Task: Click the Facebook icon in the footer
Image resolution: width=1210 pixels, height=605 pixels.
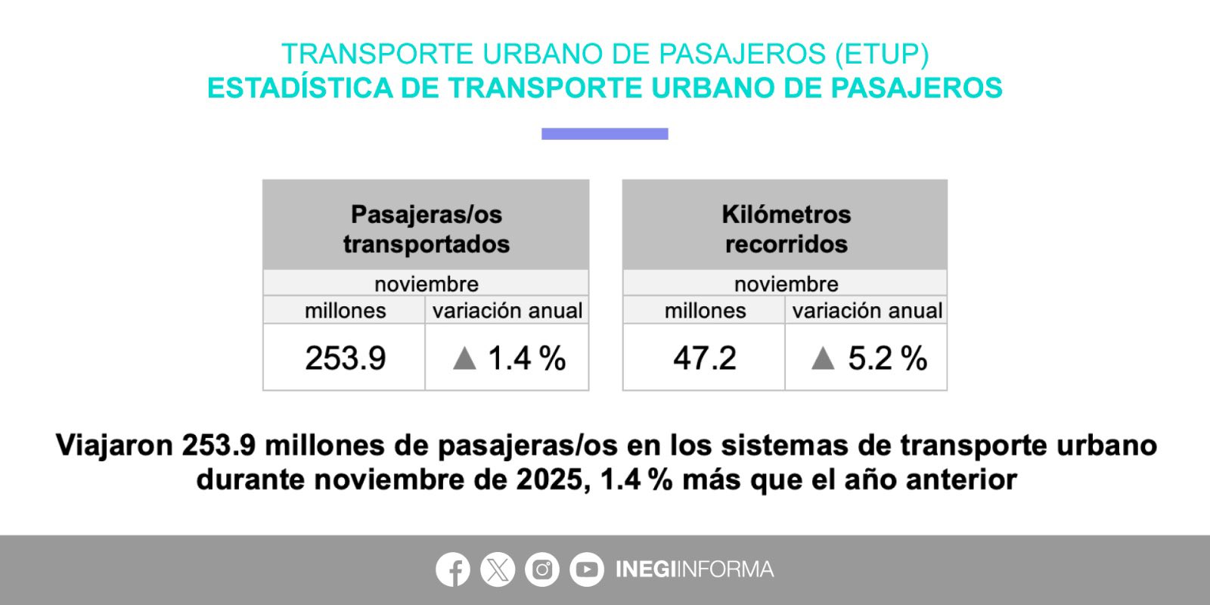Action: click(x=453, y=569)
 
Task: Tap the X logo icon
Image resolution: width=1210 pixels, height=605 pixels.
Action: click(x=498, y=569)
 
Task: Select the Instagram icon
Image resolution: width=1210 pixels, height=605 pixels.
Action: click(x=541, y=569)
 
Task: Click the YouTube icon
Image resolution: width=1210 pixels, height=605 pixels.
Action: click(x=587, y=569)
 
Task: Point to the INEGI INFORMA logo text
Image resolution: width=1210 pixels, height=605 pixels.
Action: click(x=695, y=569)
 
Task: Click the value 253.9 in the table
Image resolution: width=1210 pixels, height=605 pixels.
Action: click(x=345, y=358)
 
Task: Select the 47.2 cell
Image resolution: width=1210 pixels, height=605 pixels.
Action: click(x=704, y=358)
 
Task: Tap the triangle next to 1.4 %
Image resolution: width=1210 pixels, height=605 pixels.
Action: click(x=464, y=358)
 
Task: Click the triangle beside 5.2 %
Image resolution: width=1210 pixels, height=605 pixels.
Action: click(x=824, y=358)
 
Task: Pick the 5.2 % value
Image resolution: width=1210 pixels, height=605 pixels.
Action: click(x=888, y=358)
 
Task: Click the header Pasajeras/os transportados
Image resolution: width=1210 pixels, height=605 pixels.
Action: click(x=427, y=229)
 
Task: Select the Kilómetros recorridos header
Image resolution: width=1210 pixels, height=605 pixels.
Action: click(x=786, y=229)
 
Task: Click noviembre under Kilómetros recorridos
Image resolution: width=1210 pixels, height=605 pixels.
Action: click(x=786, y=284)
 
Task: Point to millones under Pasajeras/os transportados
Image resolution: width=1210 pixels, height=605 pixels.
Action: click(x=345, y=311)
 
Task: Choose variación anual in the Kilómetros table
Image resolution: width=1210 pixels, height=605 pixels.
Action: click(x=867, y=311)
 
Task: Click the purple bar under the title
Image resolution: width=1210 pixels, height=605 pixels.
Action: click(x=605, y=134)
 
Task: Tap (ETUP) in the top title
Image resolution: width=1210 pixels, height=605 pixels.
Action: click(x=882, y=54)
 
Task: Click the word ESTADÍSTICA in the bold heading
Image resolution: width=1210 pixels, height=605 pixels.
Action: click(x=299, y=88)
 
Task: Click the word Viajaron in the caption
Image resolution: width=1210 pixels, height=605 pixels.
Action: click(x=114, y=445)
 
